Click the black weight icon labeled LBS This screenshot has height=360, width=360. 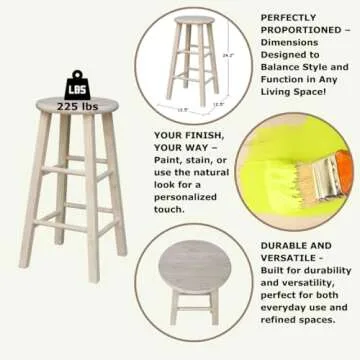pyautogui.click(x=77, y=81)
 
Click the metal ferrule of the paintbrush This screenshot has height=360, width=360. pyautogui.click(x=323, y=174)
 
